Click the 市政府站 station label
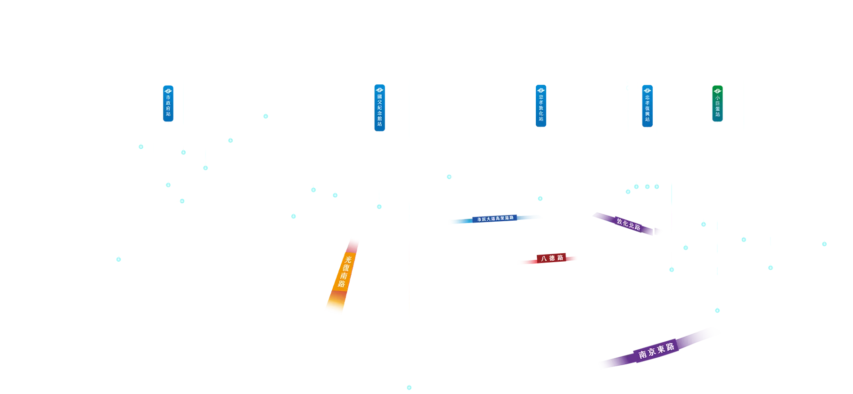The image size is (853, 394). (x=168, y=106)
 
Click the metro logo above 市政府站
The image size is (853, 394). (x=168, y=91)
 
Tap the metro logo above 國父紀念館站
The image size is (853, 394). (x=380, y=90)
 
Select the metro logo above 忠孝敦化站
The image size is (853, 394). (x=541, y=90)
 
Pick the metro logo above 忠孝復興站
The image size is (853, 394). (x=648, y=90)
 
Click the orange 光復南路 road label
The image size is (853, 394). (x=344, y=272)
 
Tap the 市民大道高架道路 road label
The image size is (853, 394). (x=495, y=219)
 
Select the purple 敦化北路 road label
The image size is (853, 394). (x=629, y=224)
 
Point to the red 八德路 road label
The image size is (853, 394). (x=552, y=258)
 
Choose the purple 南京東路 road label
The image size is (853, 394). (x=656, y=351)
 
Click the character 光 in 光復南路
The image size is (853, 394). (x=348, y=259)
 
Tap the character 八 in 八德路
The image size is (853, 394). (x=544, y=258)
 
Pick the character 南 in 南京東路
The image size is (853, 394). (x=643, y=354)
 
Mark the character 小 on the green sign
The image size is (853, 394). (x=718, y=98)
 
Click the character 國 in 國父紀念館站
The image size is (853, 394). (x=380, y=96)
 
